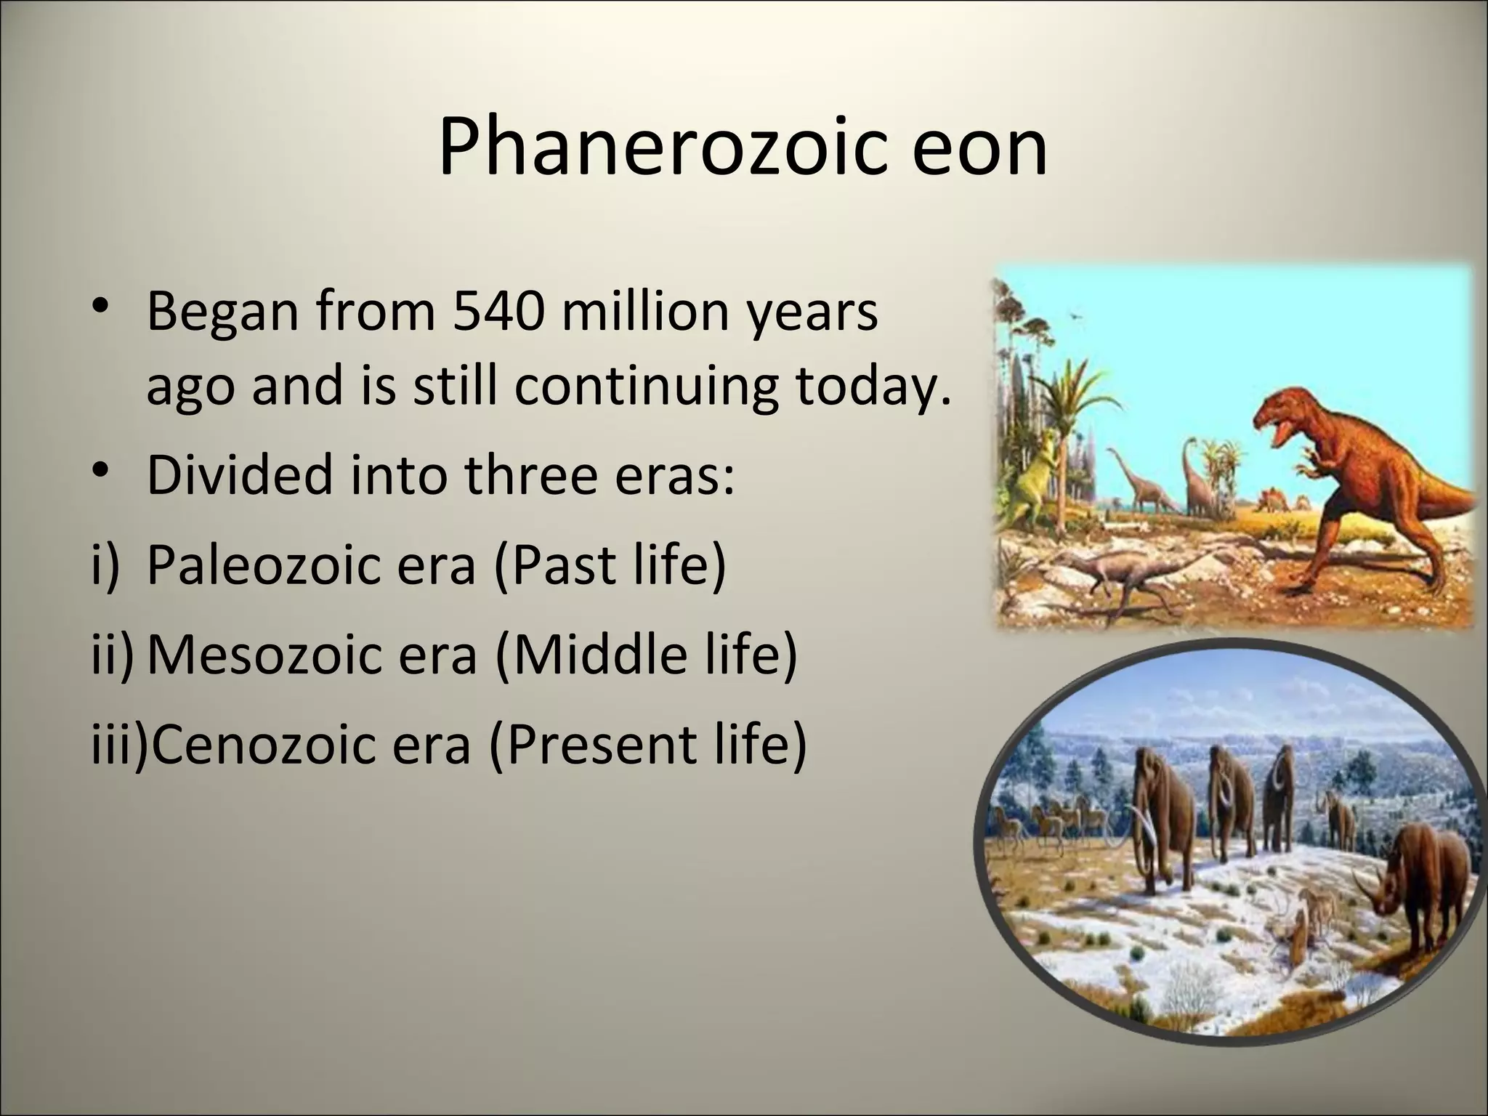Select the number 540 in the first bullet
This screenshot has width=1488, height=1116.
pos(498,312)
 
